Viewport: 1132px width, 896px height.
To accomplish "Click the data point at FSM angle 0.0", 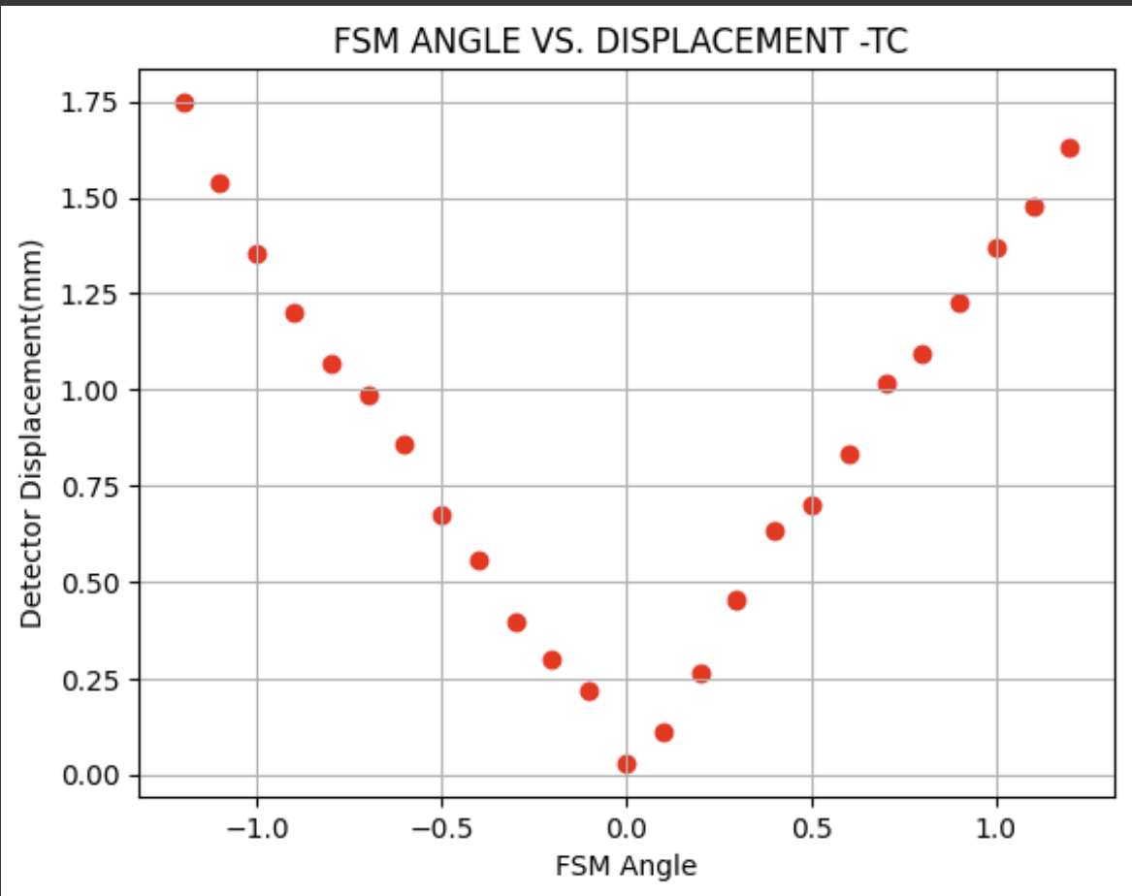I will point(627,764).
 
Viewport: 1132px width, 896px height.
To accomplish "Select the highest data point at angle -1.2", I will point(184,104).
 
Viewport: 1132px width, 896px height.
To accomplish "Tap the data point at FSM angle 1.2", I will point(1070,148).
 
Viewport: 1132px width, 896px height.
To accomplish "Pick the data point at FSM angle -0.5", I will point(442,516).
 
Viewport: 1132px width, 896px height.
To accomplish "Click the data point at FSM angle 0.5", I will point(812,506).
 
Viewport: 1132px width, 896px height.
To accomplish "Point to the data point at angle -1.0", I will point(257,255).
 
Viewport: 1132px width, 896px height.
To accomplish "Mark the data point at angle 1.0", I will point(997,248).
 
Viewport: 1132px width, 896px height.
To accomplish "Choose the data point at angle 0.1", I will point(663,733).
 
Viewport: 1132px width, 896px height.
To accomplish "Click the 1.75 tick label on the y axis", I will point(88,104).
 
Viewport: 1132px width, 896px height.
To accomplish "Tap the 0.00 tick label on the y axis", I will point(88,776).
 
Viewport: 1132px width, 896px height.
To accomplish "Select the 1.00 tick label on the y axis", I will point(88,391).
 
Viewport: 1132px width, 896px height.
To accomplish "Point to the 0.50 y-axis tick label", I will point(88,583).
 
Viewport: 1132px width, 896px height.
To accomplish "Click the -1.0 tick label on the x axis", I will point(250,830).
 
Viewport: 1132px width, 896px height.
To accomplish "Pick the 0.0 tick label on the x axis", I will point(627,830).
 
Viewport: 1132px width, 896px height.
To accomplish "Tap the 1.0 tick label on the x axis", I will point(996,830).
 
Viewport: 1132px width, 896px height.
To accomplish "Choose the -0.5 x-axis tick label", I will point(436,830).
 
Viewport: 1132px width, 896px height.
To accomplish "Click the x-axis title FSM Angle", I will point(626,865).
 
